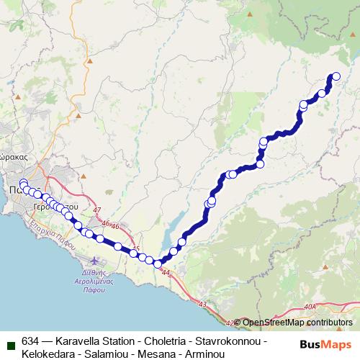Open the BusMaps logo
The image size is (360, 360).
pyautogui.click(x=326, y=344)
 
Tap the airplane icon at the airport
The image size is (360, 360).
pyautogui.click(x=96, y=258)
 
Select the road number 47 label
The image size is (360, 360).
pyautogui.click(x=97, y=210)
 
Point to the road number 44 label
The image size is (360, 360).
pyautogui.click(x=166, y=273)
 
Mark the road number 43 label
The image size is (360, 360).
pyautogui.click(x=202, y=305)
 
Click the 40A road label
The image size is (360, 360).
pyautogui.click(x=310, y=307)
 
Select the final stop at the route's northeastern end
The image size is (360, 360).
pyautogui.click(x=334, y=76)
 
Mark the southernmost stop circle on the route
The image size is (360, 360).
pyautogui.click(x=158, y=264)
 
